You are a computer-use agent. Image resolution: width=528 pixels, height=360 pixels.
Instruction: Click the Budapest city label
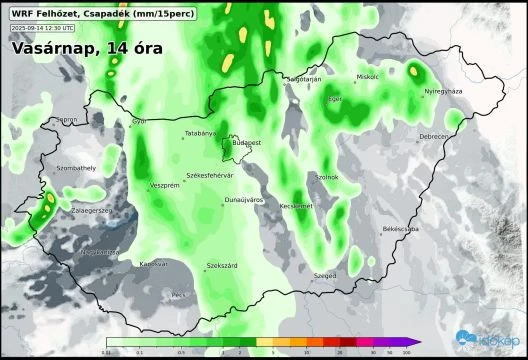pos(246,143)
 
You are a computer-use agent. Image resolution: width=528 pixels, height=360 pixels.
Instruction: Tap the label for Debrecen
pos(434,136)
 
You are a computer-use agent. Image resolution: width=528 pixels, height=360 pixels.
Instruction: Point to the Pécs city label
pos(179,295)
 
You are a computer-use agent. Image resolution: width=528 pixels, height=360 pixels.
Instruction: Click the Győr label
pos(139,122)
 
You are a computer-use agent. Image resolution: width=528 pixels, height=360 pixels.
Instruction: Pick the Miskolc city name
pos(368,77)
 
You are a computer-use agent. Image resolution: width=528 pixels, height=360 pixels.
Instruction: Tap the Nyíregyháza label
pos(444,91)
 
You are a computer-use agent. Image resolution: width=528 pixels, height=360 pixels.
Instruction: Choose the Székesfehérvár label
pos(210,175)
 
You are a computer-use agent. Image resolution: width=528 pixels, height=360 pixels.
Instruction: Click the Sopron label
pos(67,119)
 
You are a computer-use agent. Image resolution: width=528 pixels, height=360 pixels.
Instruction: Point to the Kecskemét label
pos(296,206)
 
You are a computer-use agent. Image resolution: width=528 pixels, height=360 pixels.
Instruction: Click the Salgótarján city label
pos(303,78)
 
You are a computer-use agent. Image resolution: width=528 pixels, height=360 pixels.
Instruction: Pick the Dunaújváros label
pos(244,200)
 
